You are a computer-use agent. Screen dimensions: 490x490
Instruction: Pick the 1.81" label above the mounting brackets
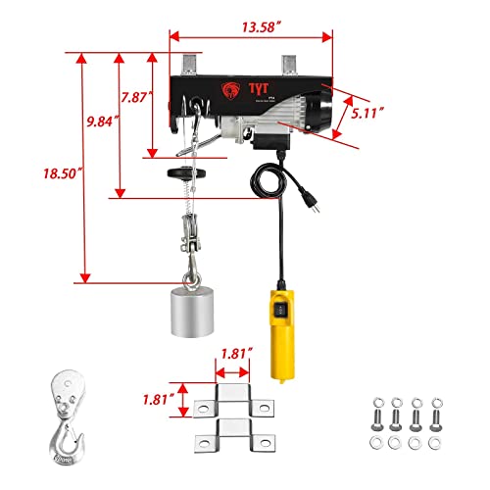point(236,350)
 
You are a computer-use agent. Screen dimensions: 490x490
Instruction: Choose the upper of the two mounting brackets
point(235,399)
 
